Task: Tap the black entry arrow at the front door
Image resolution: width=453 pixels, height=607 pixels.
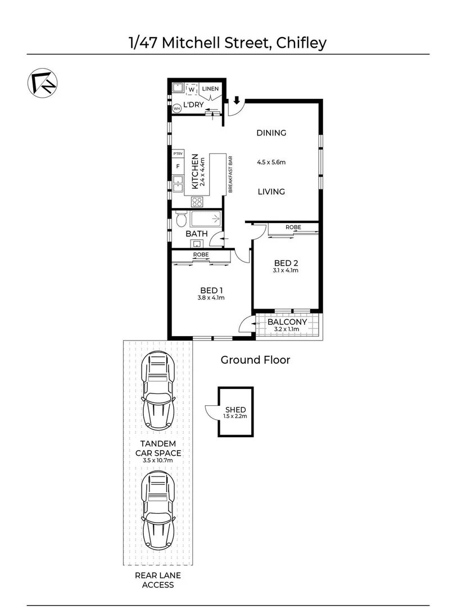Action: pyautogui.click(x=237, y=101)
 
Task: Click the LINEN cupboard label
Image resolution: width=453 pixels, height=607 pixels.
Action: pyautogui.click(x=210, y=89)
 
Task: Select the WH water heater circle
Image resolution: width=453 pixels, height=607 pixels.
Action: pyautogui.click(x=176, y=108)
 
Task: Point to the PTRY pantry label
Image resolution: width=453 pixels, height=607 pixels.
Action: pyautogui.click(x=178, y=153)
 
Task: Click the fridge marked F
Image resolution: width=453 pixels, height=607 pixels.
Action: pyautogui.click(x=178, y=166)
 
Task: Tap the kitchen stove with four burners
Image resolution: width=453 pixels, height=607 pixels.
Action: pyautogui.click(x=197, y=202)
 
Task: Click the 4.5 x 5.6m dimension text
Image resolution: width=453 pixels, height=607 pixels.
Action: pyautogui.click(x=271, y=162)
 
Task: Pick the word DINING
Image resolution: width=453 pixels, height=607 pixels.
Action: pyautogui.click(x=271, y=133)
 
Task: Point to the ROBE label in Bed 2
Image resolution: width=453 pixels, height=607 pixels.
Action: pyautogui.click(x=293, y=227)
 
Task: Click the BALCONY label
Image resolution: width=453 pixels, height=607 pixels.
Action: pyautogui.click(x=287, y=322)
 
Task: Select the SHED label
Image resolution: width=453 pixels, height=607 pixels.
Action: pyautogui.click(x=235, y=410)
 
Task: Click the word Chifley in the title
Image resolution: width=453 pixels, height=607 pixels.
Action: pyautogui.click(x=301, y=43)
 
